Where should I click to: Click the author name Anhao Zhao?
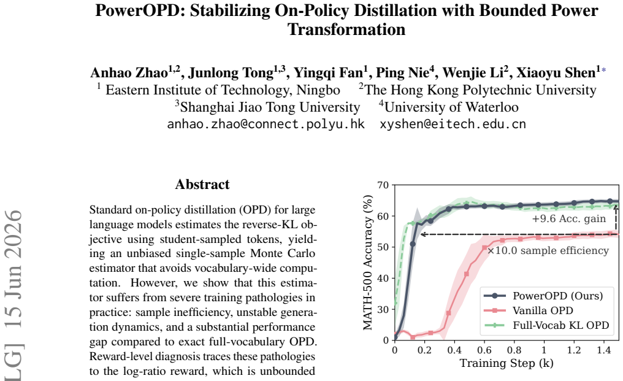click(x=129, y=73)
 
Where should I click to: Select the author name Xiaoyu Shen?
click(x=556, y=73)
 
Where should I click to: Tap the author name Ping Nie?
click(x=402, y=73)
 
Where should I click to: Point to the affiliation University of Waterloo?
click(x=451, y=107)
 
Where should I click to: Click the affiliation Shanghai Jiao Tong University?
click(x=270, y=107)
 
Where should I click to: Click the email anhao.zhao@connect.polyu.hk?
click(x=266, y=124)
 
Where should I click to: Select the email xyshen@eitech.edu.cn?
click(x=453, y=124)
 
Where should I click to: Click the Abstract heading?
click(x=202, y=184)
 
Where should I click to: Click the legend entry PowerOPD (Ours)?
click(x=543, y=296)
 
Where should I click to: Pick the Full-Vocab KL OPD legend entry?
click(x=546, y=325)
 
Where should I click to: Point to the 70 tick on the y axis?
click(x=383, y=185)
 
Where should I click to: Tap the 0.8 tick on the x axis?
click(x=514, y=350)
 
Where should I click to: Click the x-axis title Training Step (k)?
click(x=506, y=363)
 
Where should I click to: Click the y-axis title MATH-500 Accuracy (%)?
click(x=368, y=263)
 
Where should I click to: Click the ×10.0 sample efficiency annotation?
click(x=548, y=250)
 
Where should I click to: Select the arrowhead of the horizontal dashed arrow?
click(x=422, y=234)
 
